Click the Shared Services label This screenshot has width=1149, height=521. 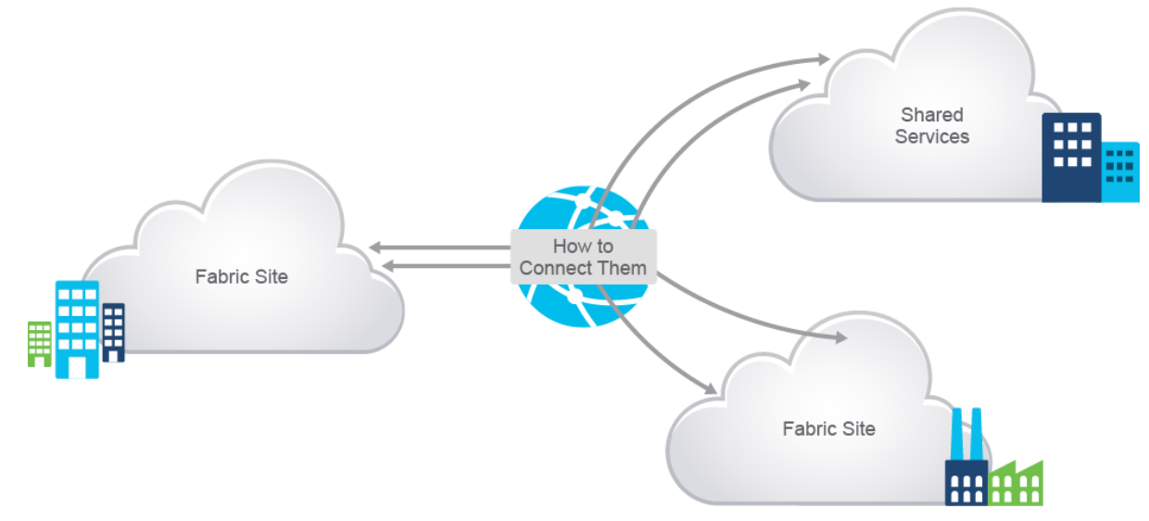[932, 126]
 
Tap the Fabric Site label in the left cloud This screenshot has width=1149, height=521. [241, 276]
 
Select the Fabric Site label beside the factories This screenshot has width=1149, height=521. [828, 428]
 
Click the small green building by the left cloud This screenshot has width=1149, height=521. [39, 343]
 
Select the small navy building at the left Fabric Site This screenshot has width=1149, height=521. [113, 332]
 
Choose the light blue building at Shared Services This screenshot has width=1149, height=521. [1120, 172]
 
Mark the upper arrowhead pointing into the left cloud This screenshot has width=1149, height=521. [374, 248]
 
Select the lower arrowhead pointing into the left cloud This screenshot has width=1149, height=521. [389, 267]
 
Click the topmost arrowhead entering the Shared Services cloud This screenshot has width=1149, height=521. [823, 59]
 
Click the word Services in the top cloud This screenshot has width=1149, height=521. [932, 136]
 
